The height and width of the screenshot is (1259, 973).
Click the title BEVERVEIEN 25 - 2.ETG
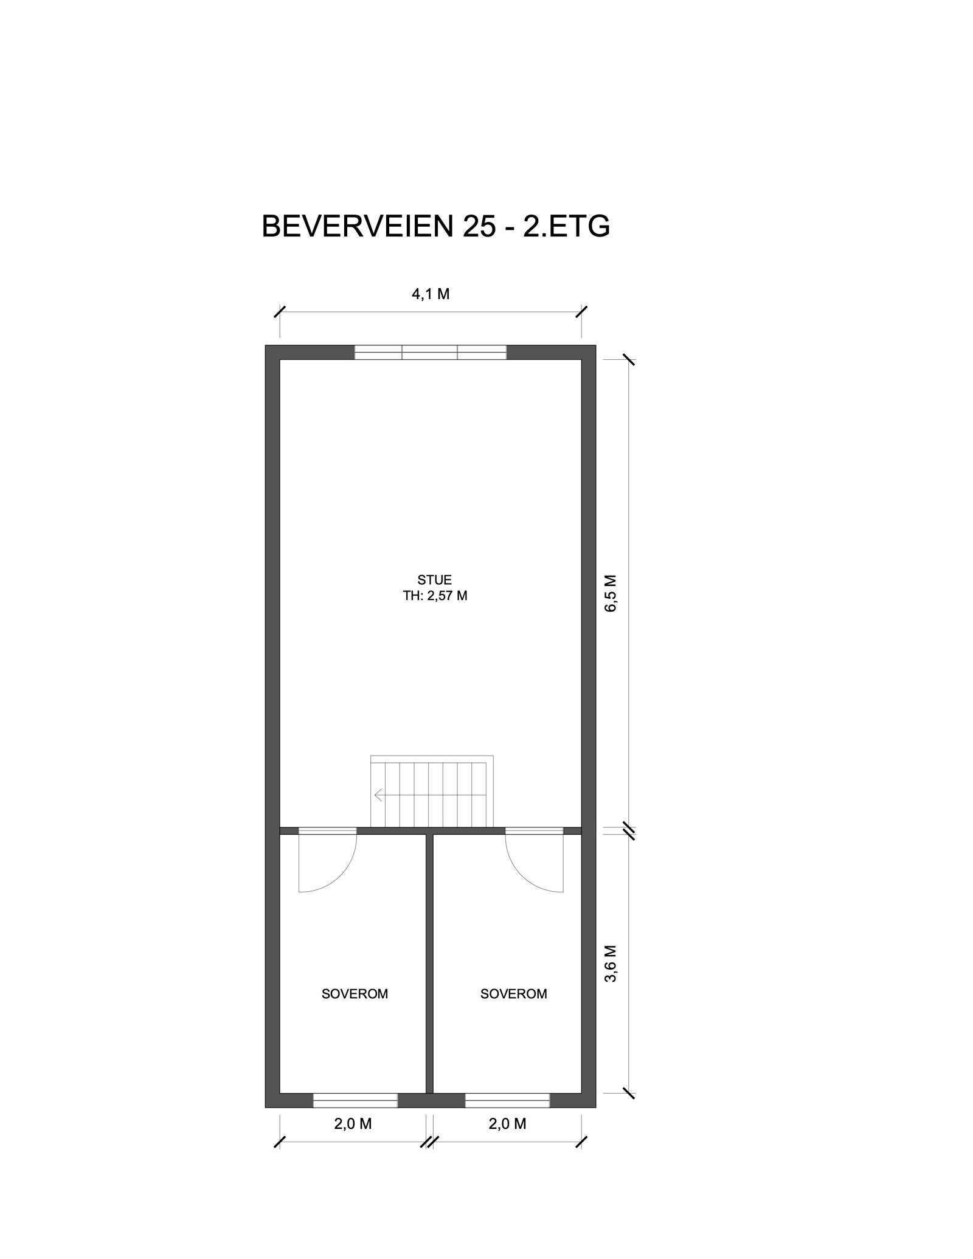(x=435, y=227)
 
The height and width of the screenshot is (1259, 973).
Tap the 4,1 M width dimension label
(x=431, y=294)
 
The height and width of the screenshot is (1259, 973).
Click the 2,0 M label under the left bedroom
(x=353, y=1123)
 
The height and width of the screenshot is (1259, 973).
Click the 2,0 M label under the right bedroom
(x=507, y=1123)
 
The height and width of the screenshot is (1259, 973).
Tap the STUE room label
(x=434, y=580)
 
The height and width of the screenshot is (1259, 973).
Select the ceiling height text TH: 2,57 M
(x=435, y=596)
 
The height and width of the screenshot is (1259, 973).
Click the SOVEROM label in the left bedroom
(x=355, y=994)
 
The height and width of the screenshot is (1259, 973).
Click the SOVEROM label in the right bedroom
(x=513, y=994)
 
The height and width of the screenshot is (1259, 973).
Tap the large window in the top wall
(x=430, y=352)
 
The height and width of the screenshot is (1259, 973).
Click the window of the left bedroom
(x=355, y=1100)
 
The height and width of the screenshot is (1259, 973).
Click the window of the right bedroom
(x=507, y=1100)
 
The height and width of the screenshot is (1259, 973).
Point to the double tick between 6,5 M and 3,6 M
(x=629, y=830)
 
